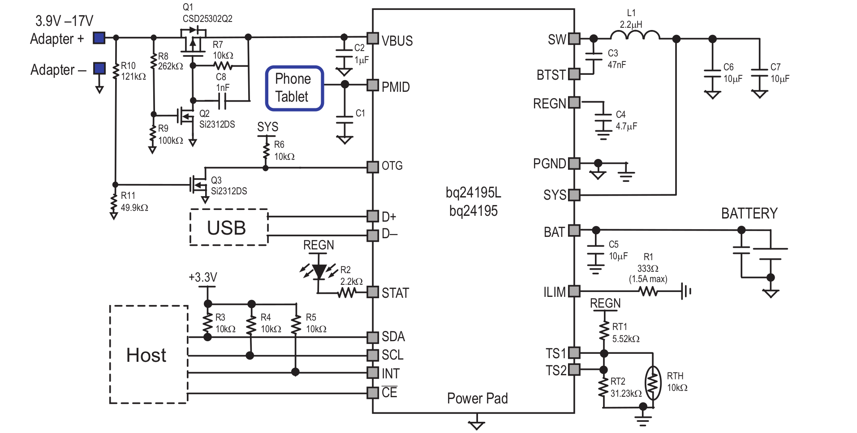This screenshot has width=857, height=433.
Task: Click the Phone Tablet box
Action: pos(294,88)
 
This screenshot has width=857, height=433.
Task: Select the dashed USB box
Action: pos(229,227)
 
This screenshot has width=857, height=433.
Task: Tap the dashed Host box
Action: pos(148,355)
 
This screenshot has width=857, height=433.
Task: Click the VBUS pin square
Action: pos(373,38)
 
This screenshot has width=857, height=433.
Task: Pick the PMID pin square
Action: pos(373,85)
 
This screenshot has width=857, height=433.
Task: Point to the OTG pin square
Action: pos(373,167)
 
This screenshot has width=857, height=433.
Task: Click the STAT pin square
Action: pos(373,292)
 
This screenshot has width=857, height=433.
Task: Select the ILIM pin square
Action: pos(574,292)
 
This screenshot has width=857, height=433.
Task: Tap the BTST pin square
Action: pos(574,74)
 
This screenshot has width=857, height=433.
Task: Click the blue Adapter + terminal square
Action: pos(99,38)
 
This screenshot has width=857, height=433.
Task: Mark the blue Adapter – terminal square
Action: pos(99,69)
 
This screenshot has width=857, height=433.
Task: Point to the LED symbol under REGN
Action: pos(319,271)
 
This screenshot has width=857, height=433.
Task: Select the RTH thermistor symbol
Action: pos(653,383)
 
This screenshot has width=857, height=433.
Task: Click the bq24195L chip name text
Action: pos(474,193)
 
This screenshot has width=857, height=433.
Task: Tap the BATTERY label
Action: pos(749,214)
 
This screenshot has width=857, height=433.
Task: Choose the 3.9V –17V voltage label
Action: pos(64,21)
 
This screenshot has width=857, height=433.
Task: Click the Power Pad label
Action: pos(477,398)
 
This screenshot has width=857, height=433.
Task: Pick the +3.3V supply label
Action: pos(202,277)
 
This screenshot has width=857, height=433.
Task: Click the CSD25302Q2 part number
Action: pos(207,19)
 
